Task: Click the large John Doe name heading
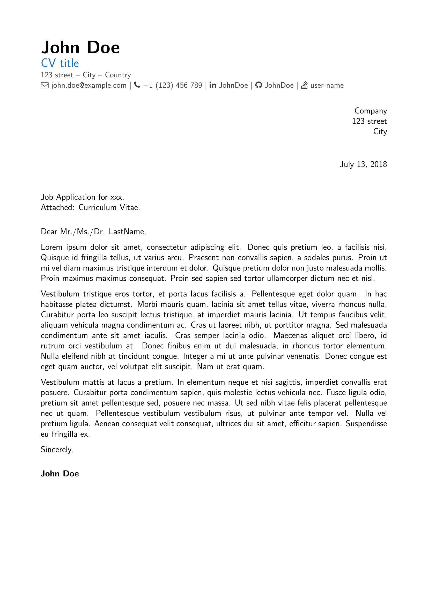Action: (80, 48)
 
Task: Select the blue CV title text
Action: (60, 64)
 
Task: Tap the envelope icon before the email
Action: (45, 85)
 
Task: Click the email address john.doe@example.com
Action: (89, 85)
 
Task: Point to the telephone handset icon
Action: (137, 85)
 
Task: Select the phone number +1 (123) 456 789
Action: (172, 85)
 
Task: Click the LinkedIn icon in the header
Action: (213, 85)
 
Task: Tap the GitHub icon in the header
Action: (259, 85)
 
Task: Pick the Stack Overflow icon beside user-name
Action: (304, 85)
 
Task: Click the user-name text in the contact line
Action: (327, 85)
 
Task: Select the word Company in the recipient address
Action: (370, 111)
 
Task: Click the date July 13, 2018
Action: (363, 165)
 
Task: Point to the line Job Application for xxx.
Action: (83, 197)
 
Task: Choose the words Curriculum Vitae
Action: (109, 208)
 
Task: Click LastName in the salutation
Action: (127, 231)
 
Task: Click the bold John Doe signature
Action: (60, 474)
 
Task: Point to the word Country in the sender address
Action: (118, 75)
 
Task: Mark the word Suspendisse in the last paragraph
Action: (366, 424)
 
